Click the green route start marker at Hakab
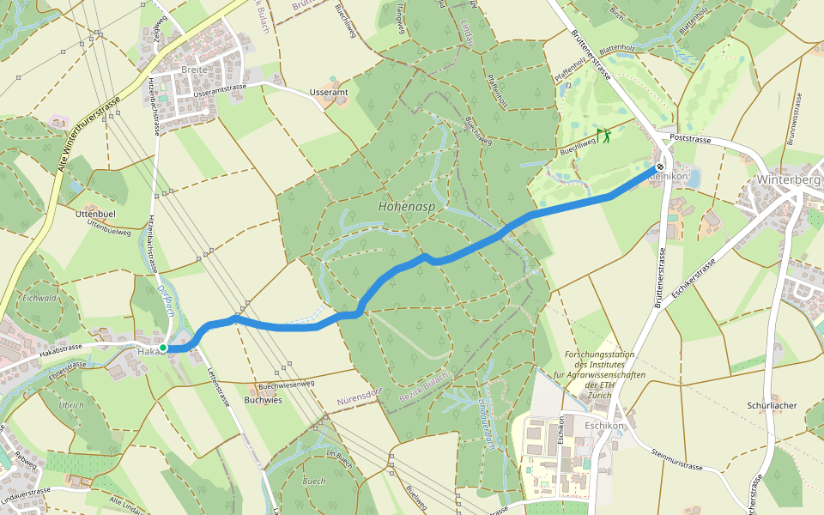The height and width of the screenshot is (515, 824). (163, 348)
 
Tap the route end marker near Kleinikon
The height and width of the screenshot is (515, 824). (659, 168)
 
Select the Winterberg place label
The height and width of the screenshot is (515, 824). (789, 180)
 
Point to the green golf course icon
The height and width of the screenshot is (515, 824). (604, 135)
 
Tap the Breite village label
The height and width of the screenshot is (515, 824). (195, 70)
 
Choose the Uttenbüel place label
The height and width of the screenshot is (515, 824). (96, 212)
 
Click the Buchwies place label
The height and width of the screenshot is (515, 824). (263, 400)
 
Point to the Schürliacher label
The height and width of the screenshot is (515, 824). (772, 404)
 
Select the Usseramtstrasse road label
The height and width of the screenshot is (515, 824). (221, 89)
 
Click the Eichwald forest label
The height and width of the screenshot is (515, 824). (39, 299)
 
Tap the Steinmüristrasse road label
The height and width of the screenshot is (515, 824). (678, 460)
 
